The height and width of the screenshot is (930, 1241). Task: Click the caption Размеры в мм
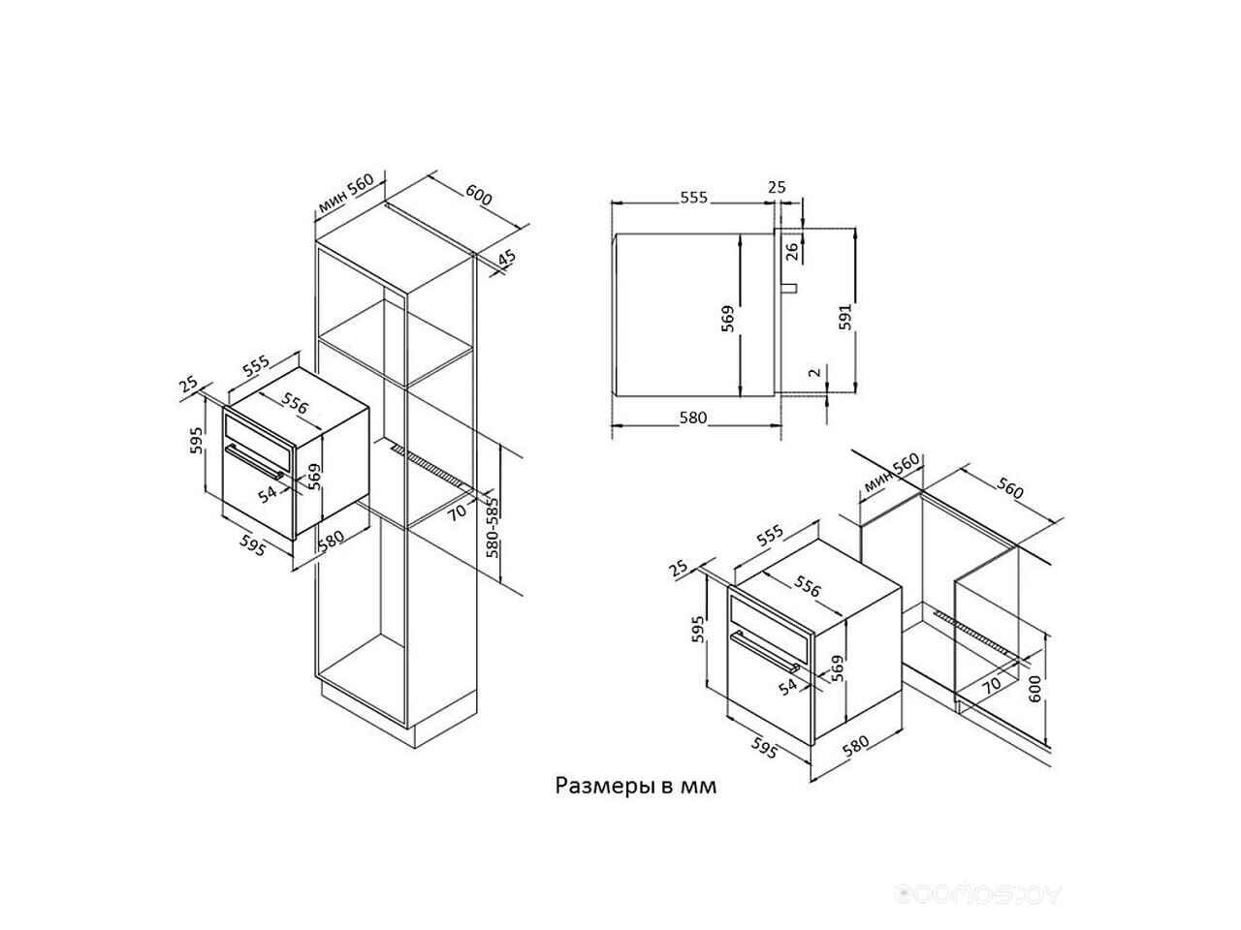tap(635, 786)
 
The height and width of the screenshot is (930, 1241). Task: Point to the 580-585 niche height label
tap(493, 527)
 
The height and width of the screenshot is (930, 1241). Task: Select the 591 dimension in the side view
tap(844, 317)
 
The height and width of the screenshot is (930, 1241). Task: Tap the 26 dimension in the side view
tap(792, 251)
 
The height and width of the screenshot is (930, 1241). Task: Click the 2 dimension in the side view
tap(814, 372)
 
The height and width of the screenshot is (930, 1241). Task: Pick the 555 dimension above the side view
tap(693, 197)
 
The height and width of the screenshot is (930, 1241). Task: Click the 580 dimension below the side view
tap(692, 418)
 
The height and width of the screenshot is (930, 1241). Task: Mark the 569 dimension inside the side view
tap(728, 319)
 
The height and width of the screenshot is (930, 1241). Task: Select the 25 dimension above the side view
tap(777, 186)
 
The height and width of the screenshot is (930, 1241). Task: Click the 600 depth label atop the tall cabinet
tap(478, 195)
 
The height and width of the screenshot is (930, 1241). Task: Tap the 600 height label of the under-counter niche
tap(1034, 689)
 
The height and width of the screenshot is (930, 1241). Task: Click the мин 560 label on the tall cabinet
tap(345, 193)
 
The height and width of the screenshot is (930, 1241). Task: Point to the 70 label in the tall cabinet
tap(457, 511)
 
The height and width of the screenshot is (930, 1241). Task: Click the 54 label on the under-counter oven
tap(787, 686)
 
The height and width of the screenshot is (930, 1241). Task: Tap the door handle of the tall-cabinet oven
tap(254, 461)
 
